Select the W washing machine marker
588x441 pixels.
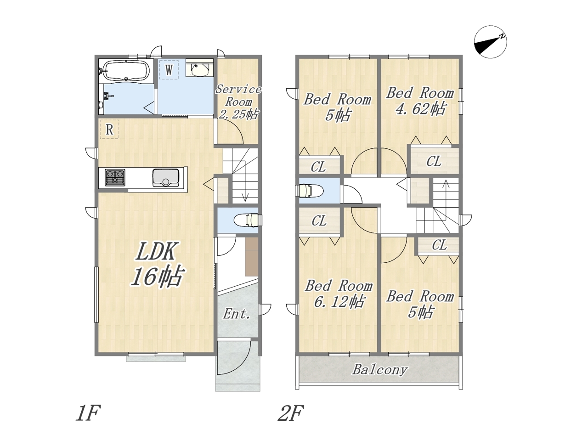click(169, 70)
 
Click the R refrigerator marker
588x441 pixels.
click(109, 130)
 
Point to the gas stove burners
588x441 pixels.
click(115, 177)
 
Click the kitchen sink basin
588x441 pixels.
click(166, 177)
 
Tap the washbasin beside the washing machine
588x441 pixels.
click(199, 69)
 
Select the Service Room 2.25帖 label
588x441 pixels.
click(238, 102)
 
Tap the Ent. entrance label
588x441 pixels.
click(237, 314)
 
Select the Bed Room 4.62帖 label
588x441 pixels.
click(420, 101)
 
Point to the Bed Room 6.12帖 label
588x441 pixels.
click(339, 294)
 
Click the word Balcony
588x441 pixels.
click(380, 370)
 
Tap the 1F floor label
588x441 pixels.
click(88, 413)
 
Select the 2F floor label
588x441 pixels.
click(291, 413)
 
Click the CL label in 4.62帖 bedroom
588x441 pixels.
click(434, 161)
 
